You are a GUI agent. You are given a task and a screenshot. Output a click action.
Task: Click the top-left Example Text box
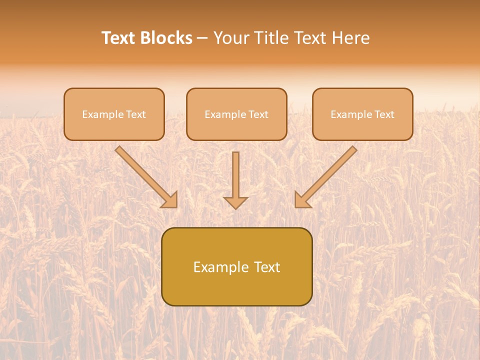(x=114, y=114)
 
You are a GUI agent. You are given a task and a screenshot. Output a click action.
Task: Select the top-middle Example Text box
(x=236, y=114)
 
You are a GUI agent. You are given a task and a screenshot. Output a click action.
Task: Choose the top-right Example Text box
(x=362, y=114)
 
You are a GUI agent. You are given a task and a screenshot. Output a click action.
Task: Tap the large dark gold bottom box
(x=236, y=266)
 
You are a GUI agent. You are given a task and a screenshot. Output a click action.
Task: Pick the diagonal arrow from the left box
(x=145, y=175)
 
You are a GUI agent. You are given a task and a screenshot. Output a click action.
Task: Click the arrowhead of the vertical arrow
(x=235, y=202)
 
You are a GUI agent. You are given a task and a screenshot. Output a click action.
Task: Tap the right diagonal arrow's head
(x=301, y=200)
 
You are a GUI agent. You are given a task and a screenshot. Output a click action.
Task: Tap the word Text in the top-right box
(x=384, y=114)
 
